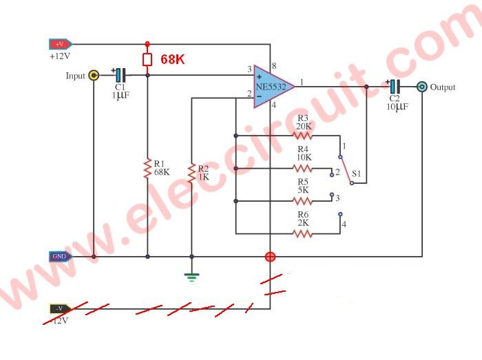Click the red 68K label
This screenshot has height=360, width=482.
(x=172, y=60)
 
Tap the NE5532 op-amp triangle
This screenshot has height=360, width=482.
(x=272, y=87)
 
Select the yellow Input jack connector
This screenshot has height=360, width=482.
(x=94, y=75)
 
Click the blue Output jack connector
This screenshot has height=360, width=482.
(x=421, y=87)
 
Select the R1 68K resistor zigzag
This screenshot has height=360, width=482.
(x=147, y=168)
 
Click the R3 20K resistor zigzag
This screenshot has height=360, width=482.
(x=303, y=136)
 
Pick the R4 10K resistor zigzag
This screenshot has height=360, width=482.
(x=303, y=168)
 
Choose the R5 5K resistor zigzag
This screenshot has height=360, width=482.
(x=303, y=201)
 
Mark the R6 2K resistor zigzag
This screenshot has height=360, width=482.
(x=303, y=233)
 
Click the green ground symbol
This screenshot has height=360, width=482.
(x=192, y=277)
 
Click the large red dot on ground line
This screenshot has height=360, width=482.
(x=271, y=257)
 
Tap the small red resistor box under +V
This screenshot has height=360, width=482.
(x=147, y=60)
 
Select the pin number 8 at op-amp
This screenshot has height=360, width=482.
(x=273, y=65)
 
